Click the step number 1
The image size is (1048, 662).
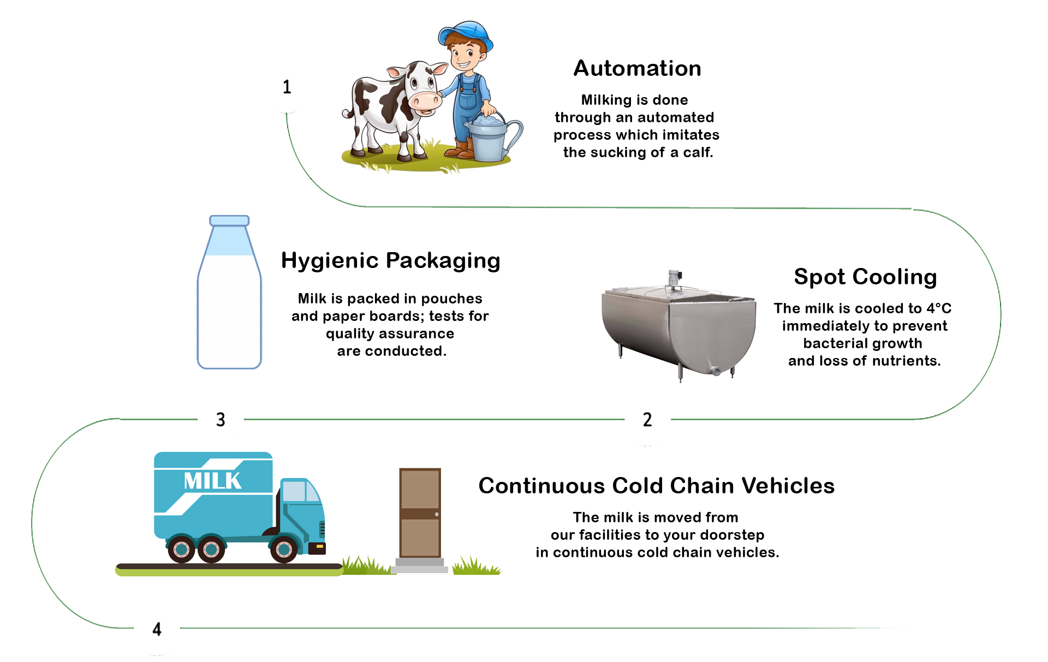point(287,87)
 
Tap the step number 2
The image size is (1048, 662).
point(647,420)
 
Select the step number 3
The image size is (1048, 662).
point(221,420)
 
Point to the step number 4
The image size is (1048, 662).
point(157,629)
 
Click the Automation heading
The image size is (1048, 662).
point(638,69)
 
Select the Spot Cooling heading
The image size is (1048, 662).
point(866,277)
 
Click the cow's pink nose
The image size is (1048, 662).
point(425,100)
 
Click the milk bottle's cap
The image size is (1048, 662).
point(229,220)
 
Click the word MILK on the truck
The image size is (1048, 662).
point(212,481)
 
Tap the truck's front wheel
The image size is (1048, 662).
point(284,548)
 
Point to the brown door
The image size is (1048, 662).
point(420,512)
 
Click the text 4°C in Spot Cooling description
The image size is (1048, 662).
point(939,308)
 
